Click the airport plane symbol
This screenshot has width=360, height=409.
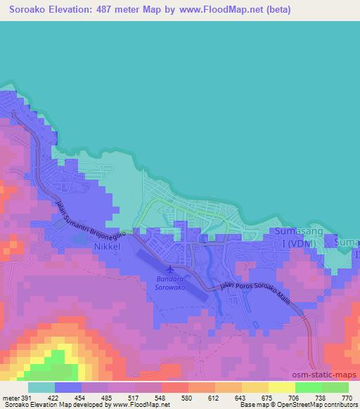169,269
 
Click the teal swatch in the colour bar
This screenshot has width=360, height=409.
41,387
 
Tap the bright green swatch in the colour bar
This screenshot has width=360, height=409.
309,387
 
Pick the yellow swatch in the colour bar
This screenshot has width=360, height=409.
282,387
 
